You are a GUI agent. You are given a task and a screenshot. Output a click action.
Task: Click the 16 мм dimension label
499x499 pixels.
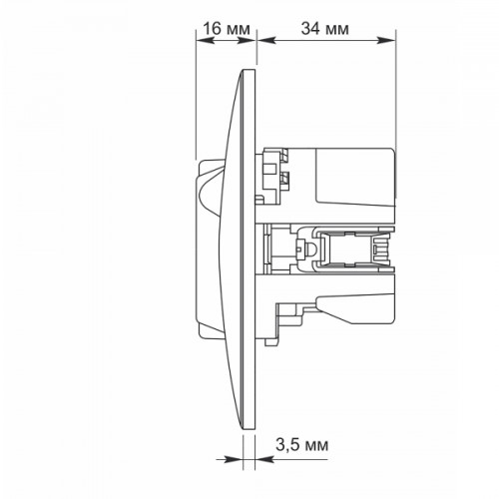tap(227, 29)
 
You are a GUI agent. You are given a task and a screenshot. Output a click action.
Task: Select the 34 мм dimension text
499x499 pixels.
tap(325, 29)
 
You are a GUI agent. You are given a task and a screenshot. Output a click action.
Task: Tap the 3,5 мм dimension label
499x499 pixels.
tap(302, 445)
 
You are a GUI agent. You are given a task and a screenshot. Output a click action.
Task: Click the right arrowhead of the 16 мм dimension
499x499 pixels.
tap(249, 41)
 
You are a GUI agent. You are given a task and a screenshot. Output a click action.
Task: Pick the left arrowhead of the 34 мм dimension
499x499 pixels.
tap(266, 41)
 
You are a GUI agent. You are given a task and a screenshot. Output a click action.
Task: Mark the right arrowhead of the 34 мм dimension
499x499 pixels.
tap(387, 41)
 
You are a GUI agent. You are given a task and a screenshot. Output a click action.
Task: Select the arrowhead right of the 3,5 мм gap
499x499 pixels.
tap(264, 459)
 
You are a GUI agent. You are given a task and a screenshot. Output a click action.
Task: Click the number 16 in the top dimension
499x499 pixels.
tap(212, 29)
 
